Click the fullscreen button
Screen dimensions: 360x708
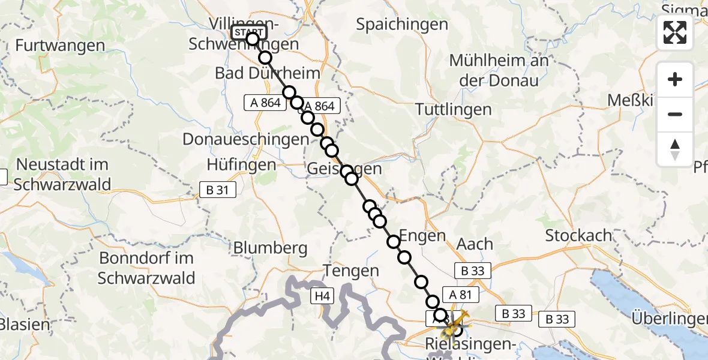(675, 32)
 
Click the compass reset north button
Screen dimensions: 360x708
(675, 149)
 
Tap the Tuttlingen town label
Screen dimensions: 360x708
(454, 110)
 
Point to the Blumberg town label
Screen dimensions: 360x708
(270, 247)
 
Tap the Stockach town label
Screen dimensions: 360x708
(578, 236)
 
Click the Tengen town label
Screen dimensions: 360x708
(351, 271)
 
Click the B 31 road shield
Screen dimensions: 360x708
(218, 190)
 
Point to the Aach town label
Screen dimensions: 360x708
(475, 244)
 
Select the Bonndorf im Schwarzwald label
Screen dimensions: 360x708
(146, 268)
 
